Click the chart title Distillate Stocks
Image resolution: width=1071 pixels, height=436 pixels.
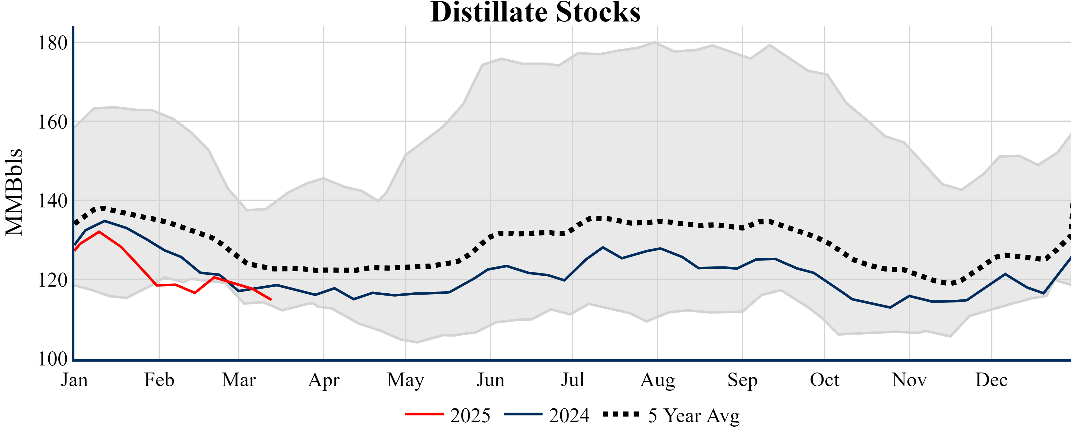(535, 13)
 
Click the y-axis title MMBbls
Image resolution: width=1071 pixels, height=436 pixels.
(14, 192)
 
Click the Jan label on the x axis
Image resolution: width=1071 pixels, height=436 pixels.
(74, 380)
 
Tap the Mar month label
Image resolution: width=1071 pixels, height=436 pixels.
(239, 380)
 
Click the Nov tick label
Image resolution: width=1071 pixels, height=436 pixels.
(909, 380)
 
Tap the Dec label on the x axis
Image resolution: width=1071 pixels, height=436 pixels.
(991, 380)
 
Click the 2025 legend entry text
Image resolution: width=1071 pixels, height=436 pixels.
(470, 415)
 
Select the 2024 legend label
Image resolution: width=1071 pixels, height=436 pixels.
(569, 415)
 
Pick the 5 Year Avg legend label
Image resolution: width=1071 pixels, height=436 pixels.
(694, 415)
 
